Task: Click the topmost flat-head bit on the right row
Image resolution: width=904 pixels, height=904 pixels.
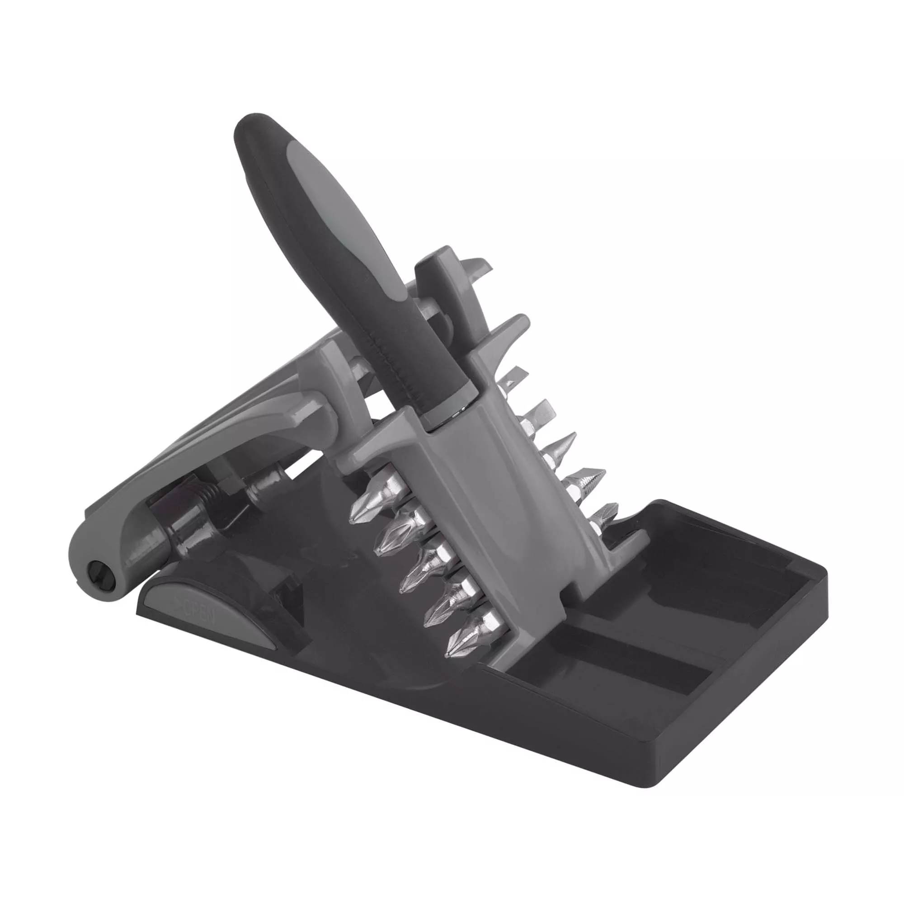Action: (x=513, y=381)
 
